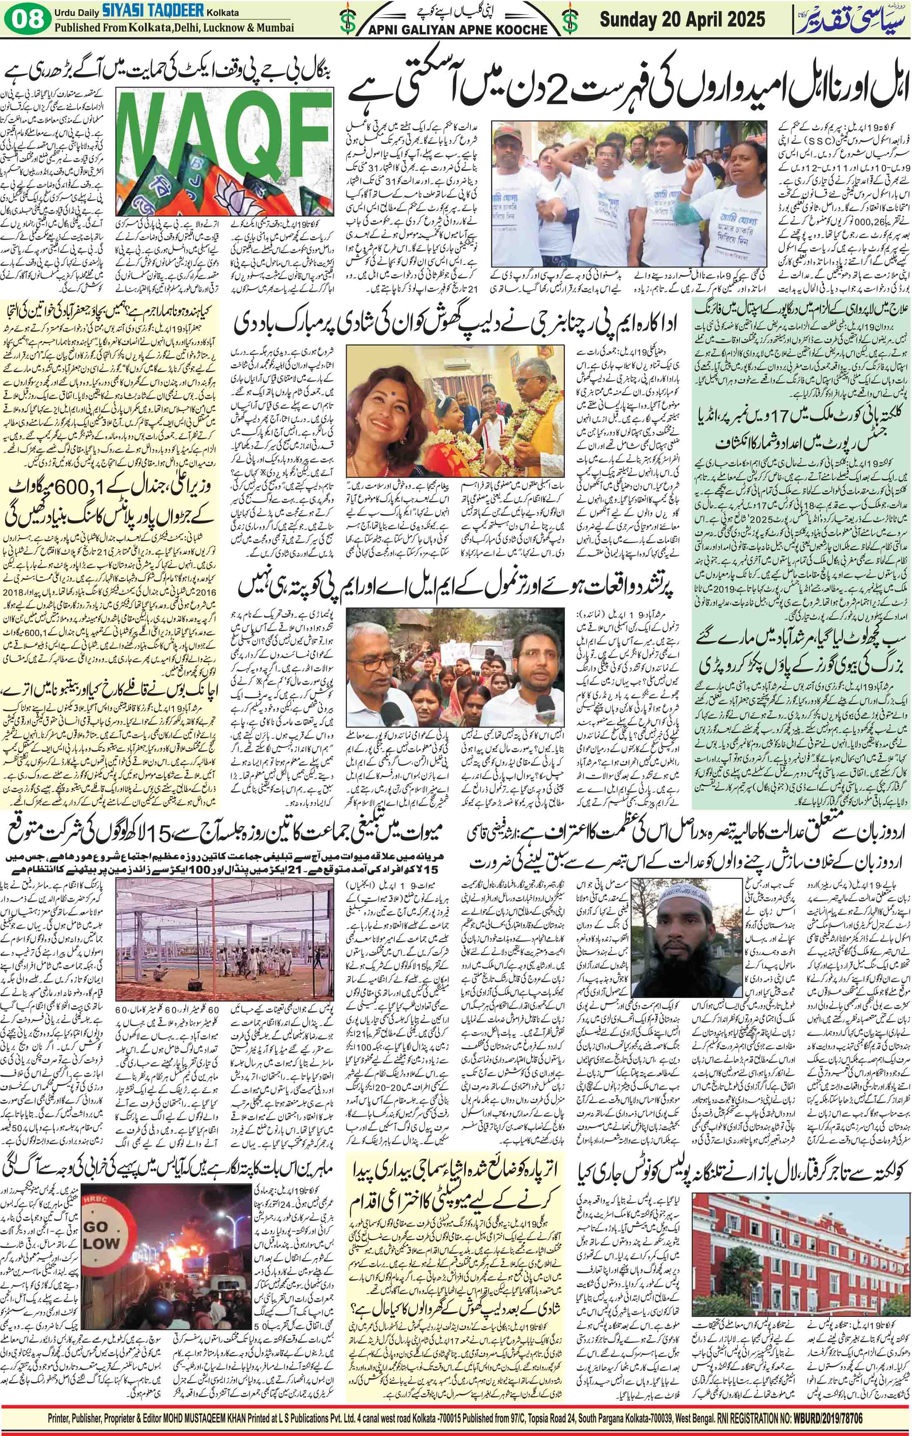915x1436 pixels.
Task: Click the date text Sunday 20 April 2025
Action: click(682, 20)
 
